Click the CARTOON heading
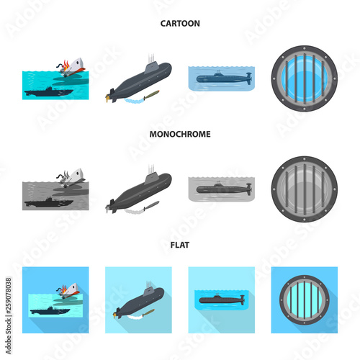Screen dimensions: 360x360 (x=180, y=24)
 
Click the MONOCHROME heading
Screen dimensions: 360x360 (x=180, y=134)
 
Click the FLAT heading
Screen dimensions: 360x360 (x=180, y=245)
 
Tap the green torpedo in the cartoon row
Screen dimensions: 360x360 (x=151, y=94)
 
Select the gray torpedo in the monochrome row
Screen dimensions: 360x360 (x=151, y=205)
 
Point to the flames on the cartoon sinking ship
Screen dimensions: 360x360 (x=66, y=65)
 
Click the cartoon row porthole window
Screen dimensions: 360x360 (x=305, y=78)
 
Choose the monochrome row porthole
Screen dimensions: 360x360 (x=305, y=189)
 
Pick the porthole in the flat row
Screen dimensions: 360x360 (x=305, y=300)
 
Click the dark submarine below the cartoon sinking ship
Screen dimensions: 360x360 (x=49, y=91)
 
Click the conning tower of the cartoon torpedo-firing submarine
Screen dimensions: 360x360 (x=151, y=66)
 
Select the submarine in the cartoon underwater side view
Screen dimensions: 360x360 (x=224, y=78)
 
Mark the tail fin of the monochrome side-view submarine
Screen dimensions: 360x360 (x=249, y=189)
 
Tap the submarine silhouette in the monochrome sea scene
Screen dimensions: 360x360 (x=49, y=202)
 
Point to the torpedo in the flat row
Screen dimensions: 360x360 (x=148, y=312)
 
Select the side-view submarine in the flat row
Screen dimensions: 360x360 (x=222, y=300)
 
